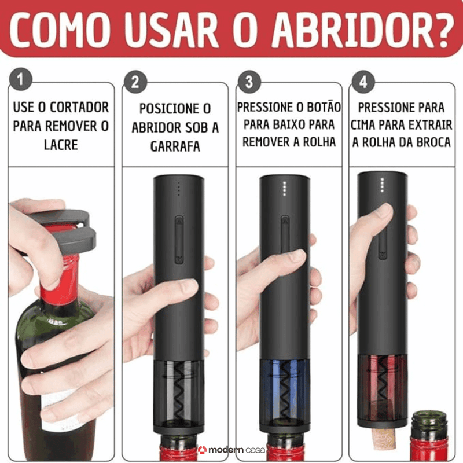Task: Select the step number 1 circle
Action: coord(21,80)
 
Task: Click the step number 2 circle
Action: coord(135,81)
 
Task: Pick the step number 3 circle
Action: coord(249,81)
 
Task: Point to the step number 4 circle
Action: coord(363,81)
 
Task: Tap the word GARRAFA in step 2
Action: coord(175,146)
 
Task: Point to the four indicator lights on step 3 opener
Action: coord(284,188)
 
